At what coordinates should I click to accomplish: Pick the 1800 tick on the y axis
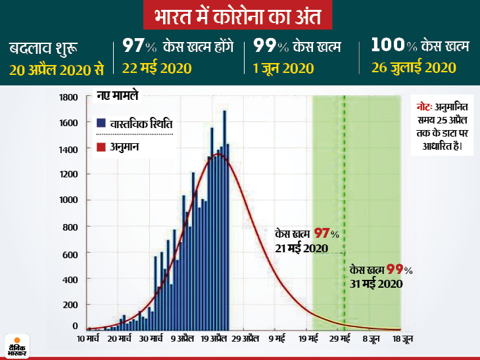coord(70,98)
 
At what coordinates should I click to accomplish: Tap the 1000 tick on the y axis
coord(70,201)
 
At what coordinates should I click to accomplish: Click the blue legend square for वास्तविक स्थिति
coord(101,123)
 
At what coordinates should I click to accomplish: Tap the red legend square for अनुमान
coord(101,147)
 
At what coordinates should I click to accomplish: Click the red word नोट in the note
coord(424,106)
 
